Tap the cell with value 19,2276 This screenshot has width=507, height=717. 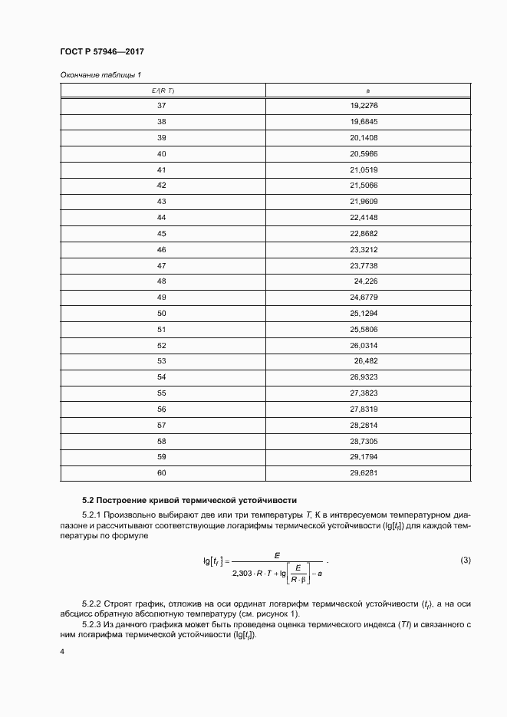click(x=364, y=106)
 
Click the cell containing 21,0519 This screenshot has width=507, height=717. click(x=364, y=169)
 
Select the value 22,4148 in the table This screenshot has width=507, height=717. click(x=364, y=218)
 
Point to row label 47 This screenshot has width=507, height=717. click(x=162, y=265)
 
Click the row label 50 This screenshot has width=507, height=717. click(x=162, y=314)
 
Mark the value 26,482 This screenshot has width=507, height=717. click(x=365, y=361)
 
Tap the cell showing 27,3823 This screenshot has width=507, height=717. click(x=364, y=393)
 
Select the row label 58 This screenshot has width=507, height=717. click(x=162, y=441)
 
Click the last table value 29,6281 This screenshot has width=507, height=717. click(x=364, y=473)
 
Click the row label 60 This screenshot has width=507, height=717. click(x=162, y=473)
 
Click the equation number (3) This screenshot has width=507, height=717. click(x=466, y=561)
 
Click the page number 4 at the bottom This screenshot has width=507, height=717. click(x=62, y=651)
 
